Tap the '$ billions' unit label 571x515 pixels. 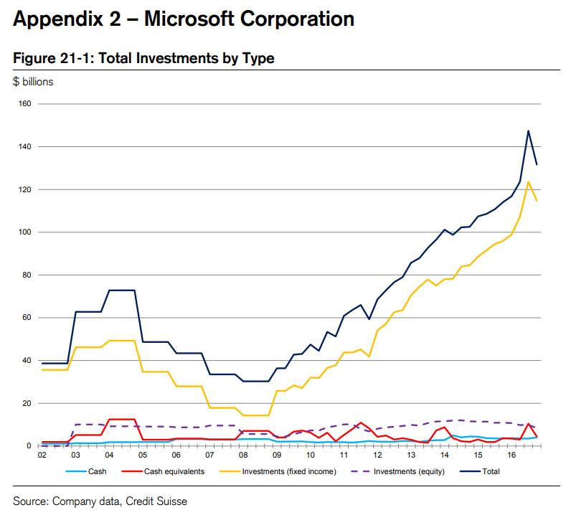33,82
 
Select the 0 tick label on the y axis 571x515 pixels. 28,446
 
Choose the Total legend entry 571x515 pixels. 490,471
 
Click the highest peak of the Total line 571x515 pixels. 528,131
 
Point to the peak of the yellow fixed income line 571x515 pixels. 528,181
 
